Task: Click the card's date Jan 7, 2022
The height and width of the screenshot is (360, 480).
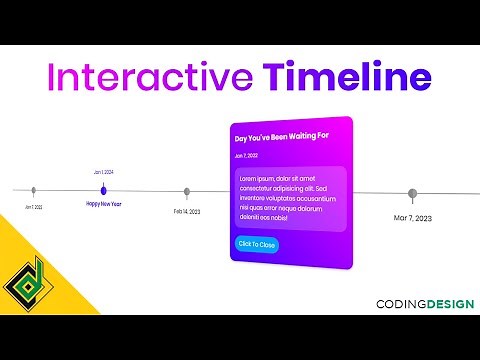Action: [247, 156]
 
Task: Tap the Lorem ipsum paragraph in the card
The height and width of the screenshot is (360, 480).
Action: [288, 197]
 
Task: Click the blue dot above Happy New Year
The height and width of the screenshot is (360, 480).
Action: [103, 189]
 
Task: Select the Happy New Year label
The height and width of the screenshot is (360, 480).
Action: [103, 204]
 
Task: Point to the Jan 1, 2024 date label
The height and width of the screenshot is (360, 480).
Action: [103, 173]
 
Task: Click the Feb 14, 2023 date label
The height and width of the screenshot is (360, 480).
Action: [187, 211]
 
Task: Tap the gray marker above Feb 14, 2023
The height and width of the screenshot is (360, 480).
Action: [187, 192]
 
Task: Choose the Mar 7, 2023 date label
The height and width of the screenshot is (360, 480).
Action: [412, 217]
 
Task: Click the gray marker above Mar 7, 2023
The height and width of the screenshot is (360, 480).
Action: [412, 194]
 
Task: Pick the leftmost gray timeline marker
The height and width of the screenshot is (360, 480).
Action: [34, 189]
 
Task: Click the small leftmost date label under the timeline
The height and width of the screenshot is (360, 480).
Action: [34, 207]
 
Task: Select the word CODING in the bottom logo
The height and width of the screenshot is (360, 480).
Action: [397, 304]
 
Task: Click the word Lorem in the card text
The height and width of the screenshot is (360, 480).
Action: [249, 178]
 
